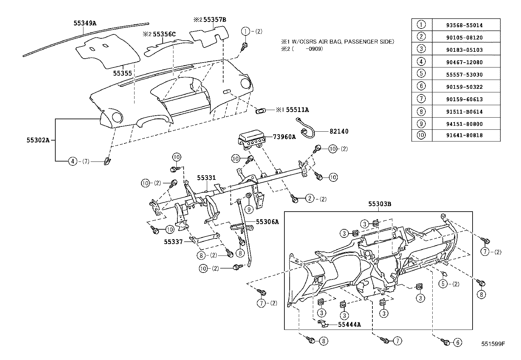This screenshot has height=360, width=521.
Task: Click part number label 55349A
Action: click(85, 23)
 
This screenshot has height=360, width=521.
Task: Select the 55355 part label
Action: click(122, 73)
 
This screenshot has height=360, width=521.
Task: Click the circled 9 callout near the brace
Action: click(249, 209)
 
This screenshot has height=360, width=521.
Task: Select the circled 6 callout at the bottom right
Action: click(458, 343)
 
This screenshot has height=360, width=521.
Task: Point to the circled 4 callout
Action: click(73, 161)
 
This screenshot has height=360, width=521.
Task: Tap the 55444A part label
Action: click(349, 324)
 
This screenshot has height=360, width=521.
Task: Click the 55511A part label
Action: click(297, 110)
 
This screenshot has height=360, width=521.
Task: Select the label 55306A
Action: click(267, 222)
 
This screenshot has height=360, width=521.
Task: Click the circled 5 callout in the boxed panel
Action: click(443, 284)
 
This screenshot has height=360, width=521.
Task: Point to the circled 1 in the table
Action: click(422, 25)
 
